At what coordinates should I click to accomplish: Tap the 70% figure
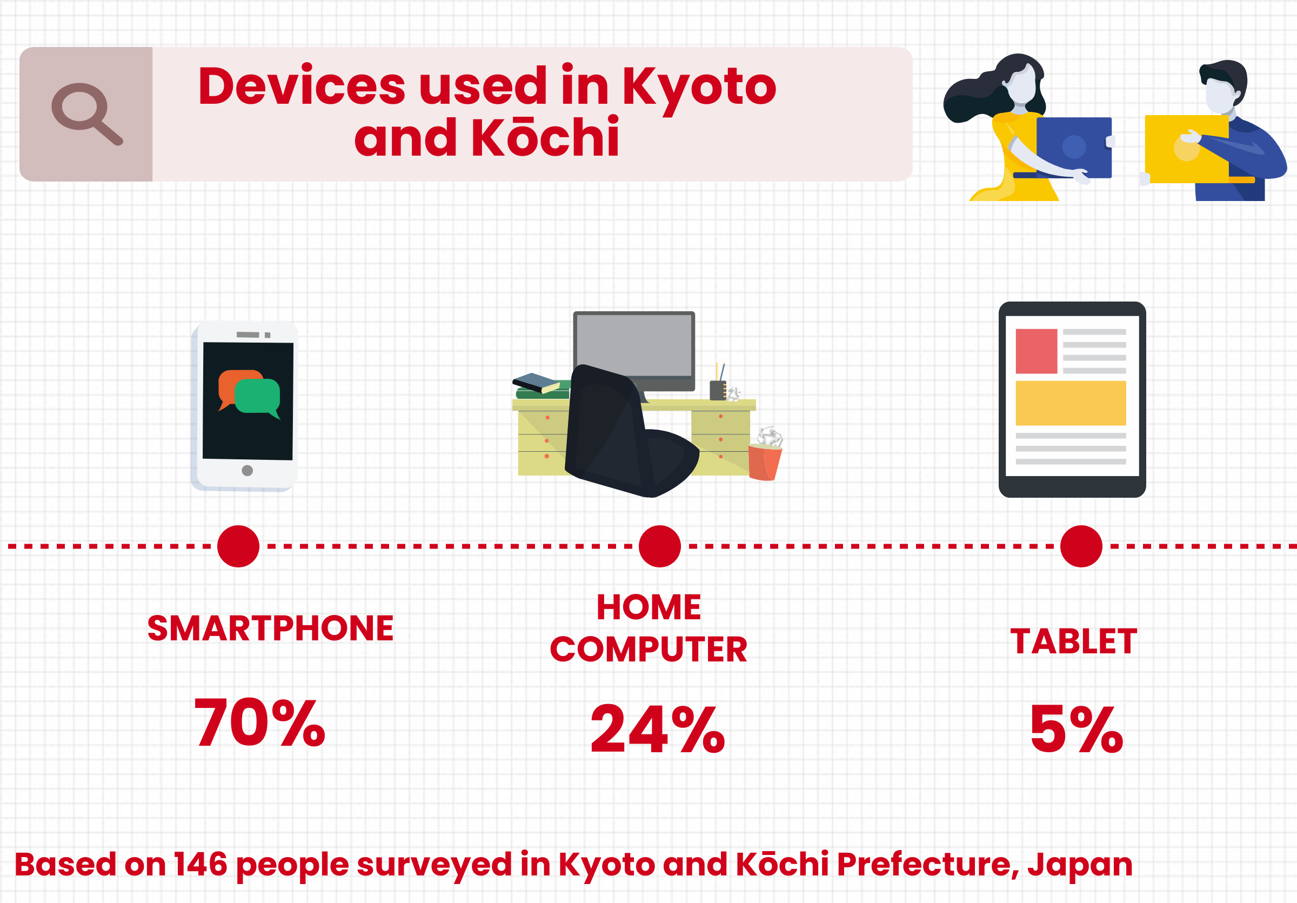pyautogui.click(x=260, y=723)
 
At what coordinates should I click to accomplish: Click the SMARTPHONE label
pyautogui.click(x=270, y=628)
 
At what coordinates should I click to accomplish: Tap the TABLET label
pyautogui.click(x=1073, y=641)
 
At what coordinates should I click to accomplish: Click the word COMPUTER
pyautogui.click(x=648, y=650)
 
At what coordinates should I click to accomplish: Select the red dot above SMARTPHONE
pyautogui.click(x=238, y=546)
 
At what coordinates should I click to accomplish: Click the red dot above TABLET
pyautogui.click(x=1081, y=546)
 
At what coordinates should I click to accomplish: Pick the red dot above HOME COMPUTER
pyautogui.click(x=660, y=546)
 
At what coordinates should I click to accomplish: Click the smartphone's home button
pyautogui.click(x=247, y=471)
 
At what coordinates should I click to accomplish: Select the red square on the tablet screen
pyautogui.click(x=1036, y=351)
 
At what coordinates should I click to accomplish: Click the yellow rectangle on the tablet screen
pyautogui.click(x=1071, y=403)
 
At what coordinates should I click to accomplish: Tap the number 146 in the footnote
pyautogui.click(x=200, y=864)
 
